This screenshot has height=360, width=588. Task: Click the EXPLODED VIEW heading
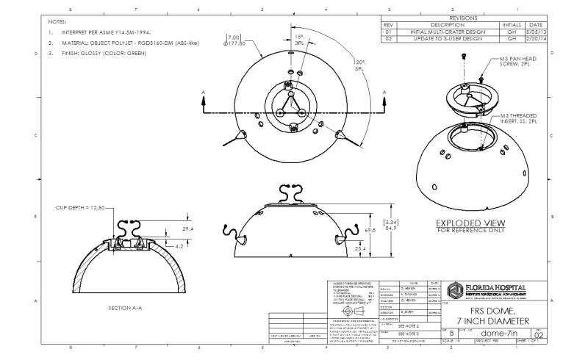coord(471,223)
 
